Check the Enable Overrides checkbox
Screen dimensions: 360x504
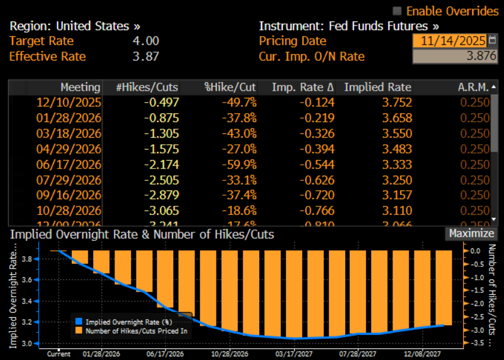397,11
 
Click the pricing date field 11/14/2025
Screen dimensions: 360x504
450,41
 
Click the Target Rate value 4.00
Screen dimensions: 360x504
146,41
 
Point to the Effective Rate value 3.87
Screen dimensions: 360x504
146,56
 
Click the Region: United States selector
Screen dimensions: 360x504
75,26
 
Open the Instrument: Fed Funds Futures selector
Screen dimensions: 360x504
349,26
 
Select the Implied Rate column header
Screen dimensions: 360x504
378,87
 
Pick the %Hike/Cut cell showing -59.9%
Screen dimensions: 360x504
240,164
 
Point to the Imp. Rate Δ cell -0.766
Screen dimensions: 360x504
317,211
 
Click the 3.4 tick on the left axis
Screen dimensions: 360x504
27,301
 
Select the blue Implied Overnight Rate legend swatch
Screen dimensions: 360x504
78,321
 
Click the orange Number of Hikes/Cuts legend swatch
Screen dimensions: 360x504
78,330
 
